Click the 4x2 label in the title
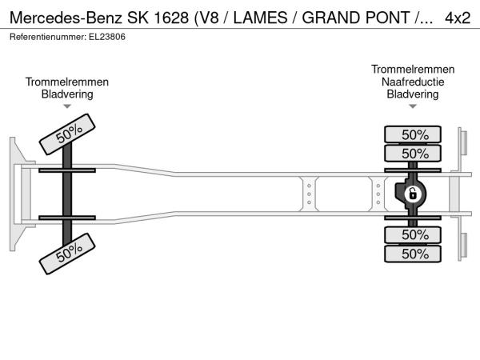point(458,18)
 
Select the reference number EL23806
point(107,37)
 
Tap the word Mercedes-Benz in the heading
point(66,18)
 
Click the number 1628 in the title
point(171,18)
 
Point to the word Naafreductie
point(413,82)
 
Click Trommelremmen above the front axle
point(67,82)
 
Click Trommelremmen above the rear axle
point(413,69)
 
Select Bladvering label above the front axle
point(67,94)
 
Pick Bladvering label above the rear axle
point(413,94)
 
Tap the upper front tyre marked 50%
point(67,134)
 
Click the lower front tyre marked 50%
point(67,254)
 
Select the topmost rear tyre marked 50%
point(413,134)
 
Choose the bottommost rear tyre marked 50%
point(413,254)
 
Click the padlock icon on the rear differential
point(412,194)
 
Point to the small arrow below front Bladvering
point(67,106)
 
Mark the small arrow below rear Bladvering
point(413,106)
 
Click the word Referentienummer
point(48,37)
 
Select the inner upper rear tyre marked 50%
point(413,153)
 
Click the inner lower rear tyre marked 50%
point(413,234)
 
